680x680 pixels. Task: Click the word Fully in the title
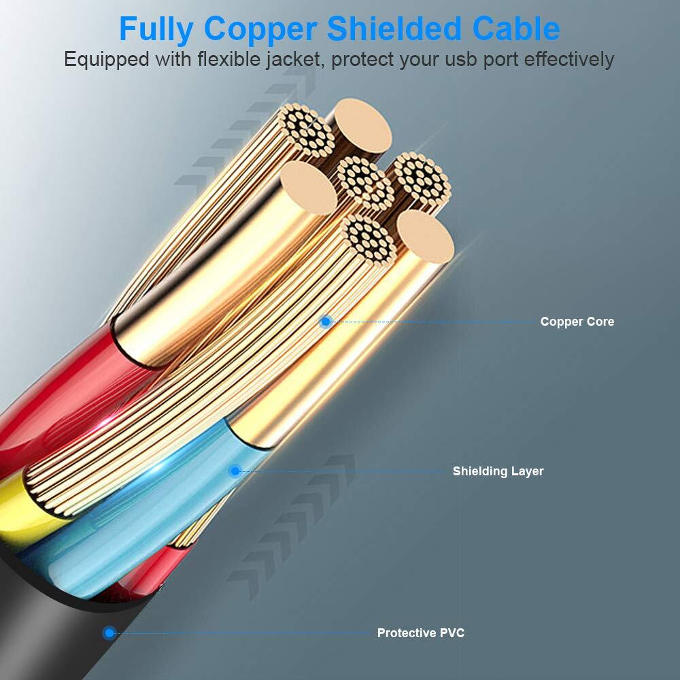point(156,29)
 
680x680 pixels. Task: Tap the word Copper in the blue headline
point(260,29)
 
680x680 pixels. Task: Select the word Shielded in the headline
point(394,29)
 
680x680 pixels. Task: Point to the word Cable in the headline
point(516,29)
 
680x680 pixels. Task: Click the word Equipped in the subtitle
point(107,59)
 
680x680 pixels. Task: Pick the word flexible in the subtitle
point(229,58)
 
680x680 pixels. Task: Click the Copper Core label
point(577,322)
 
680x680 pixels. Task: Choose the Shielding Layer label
point(498,471)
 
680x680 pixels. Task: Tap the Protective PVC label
point(421,632)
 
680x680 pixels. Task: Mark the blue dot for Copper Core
point(326,322)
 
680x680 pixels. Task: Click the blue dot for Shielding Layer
point(235,471)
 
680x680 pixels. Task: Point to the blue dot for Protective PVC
point(109,632)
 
